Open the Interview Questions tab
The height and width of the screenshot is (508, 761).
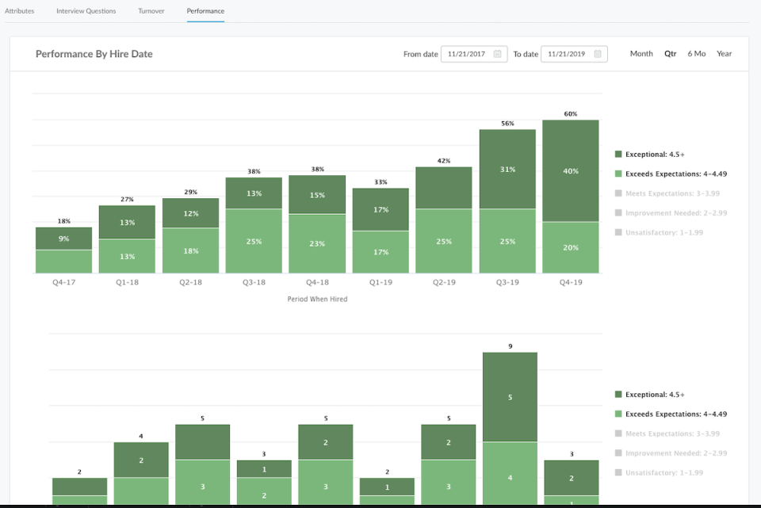pos(86,11)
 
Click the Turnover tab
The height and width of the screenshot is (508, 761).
pos(151,11)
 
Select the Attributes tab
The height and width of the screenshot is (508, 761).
pos(19,11)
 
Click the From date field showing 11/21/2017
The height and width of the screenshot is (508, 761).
pos(473,54)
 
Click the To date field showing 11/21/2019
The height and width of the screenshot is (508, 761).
pos(573,54)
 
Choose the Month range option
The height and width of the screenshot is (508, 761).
pos(641,54)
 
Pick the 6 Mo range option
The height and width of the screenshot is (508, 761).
pos(696,54)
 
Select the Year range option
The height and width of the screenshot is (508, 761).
pos(724,54)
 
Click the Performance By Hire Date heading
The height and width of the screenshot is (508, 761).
pos(94,54)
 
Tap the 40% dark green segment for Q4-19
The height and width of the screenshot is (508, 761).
pos(571,170)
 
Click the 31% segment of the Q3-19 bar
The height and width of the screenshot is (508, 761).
pos(507,169)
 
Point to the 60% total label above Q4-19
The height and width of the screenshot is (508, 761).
pos(571,114)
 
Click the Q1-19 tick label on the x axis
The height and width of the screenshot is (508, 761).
pos(380,281)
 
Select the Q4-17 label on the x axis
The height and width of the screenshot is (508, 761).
pos(63,281)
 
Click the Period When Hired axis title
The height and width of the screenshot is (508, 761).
pos(317,300)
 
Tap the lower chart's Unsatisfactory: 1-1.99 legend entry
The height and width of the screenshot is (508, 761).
pos(663,472)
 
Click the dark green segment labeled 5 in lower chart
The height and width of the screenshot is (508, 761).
pos(510,397)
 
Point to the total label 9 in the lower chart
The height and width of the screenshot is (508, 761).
pos(510,346)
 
